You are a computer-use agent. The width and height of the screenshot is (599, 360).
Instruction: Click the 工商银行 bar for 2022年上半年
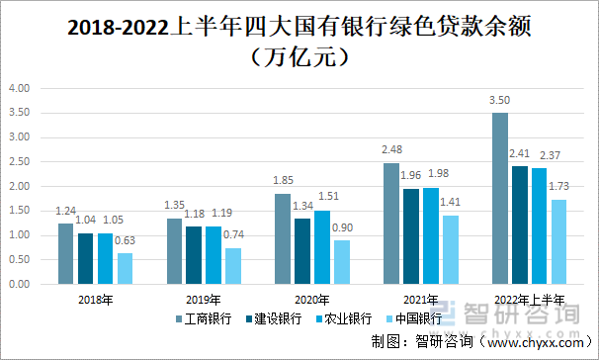click(x=499, y=198)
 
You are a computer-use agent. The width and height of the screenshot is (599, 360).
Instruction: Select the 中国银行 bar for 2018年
click(x=125, y=268)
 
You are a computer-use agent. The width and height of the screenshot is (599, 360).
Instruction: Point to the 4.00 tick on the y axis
click(x=21, y=88)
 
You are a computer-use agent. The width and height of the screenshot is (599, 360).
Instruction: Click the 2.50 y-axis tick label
click(x=21, y=161)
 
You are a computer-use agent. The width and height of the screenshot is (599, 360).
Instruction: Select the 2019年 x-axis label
click(x=204, y=300)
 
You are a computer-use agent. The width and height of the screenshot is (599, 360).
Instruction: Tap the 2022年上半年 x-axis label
click(x=529, y=300)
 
